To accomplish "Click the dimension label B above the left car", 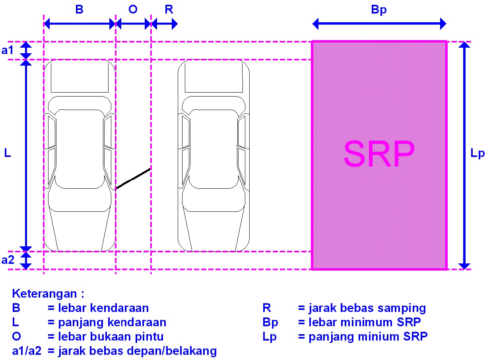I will (79, 10).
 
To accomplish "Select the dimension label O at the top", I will (133, 10).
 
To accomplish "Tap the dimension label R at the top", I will (169, 10).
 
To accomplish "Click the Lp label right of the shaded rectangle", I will (477, 154).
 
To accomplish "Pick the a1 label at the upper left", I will (8, 50).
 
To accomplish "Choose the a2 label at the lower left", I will (8, 260).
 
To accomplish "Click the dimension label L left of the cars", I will (8, 153).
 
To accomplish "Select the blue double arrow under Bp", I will (379, 24).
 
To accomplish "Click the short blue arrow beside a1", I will (26, 50).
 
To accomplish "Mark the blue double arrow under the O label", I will (133, 24).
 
